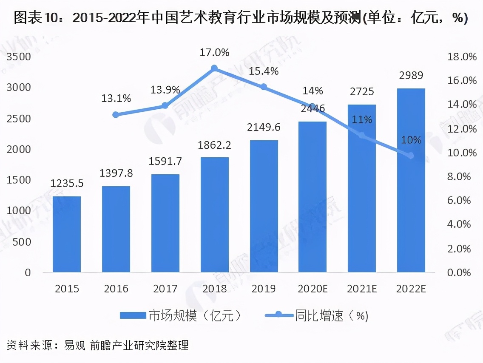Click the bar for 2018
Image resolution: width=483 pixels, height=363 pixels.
[x=215, y=215]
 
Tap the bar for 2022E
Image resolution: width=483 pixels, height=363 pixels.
[x=411, y=180]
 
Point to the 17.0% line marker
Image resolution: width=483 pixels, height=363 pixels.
[x=215, y=68]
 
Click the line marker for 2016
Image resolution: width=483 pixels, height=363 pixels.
[x=116, y=114]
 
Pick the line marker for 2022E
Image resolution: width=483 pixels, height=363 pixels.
[x=411, y=156]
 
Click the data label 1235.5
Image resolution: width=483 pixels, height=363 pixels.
[x=67, y=184]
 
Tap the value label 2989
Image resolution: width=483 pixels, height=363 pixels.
[x=411, y=76]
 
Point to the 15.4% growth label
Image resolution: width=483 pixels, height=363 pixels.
[x=264, y=71]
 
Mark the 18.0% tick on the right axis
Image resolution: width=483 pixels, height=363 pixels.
[x=462, y=57]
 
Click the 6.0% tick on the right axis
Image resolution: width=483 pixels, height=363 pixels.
[x=462, y=200]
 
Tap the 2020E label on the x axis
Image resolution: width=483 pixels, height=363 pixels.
[x=313, y=289]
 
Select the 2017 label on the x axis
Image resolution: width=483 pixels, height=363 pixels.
[x=165, y=289]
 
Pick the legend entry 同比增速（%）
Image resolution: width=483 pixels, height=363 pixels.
[x=317, y=316]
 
